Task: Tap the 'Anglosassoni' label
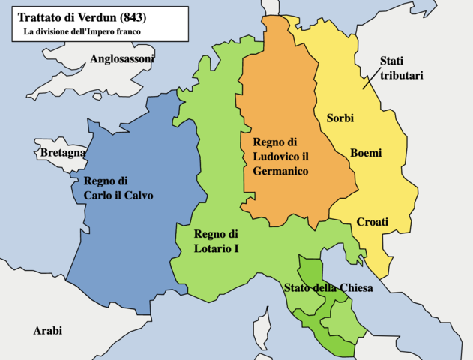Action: click(x=121, y=58)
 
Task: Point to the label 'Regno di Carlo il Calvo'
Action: click(x=118, y=188)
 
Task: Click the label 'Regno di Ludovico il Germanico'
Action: click(x=280, y=157)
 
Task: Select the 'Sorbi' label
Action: click(x=340, y=118)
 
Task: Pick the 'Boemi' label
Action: click(x=366, y=153)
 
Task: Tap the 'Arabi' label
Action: click(x=47, y=330)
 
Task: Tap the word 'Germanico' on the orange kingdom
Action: click(x=280, y=171)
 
